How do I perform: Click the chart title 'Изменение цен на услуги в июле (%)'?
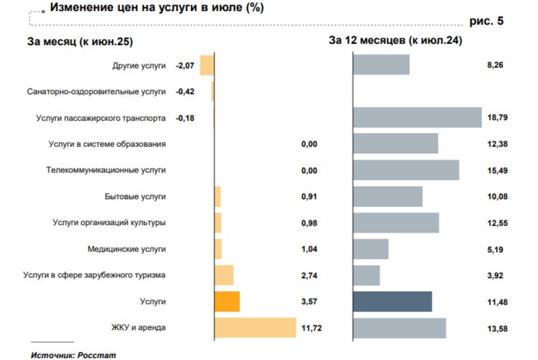pos(153,8)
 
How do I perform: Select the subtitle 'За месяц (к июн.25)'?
pos(79,41)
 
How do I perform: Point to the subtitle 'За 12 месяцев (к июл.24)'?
pos(396,41)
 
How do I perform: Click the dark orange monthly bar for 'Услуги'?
pos(227,301)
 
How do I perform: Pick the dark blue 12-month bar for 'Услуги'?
pos(392,301)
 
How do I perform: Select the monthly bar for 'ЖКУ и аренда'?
pos(255,328)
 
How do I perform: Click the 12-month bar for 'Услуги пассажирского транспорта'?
pos(417,118)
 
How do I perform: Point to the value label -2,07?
pos(185,65)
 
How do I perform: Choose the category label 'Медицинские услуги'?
pos(127,249)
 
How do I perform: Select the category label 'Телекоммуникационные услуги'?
pos(106,170)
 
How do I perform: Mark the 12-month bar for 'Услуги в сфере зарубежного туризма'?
pos(366,275)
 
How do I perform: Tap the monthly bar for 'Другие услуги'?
pos(207,65)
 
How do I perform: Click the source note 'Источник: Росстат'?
pos(66,355)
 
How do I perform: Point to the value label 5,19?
pos(496,249)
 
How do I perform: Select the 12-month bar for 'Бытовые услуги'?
pos(387,196)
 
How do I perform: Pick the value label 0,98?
pos(310,223)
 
